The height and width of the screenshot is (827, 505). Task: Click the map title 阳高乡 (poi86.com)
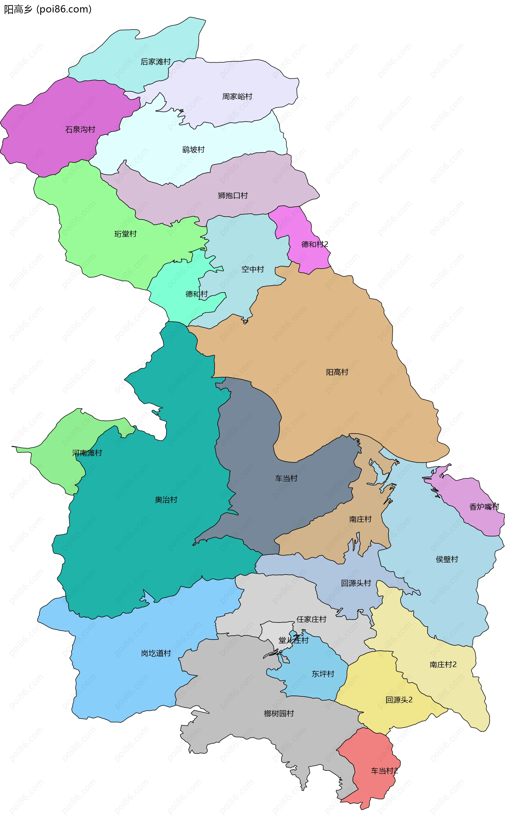click(48, 9)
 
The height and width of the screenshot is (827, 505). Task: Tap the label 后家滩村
click(155, 62)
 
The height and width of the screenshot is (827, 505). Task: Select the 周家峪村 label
click(237, 97)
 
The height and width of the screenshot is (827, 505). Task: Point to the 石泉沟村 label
click(80, 130)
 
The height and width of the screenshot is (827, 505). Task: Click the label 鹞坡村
click(193, 150)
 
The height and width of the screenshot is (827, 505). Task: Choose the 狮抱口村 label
click(233, 196)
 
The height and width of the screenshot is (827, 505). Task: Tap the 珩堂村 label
click(125, 234)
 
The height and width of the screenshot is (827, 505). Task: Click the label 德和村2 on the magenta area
click(315, 244)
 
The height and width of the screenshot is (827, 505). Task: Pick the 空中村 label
click(252, 269)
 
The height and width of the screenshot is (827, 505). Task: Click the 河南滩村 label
click(87, 453)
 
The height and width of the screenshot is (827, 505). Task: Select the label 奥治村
click(166, 500)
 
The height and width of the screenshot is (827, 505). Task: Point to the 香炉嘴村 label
click(484, 507)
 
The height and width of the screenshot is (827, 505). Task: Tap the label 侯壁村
click(447, 559)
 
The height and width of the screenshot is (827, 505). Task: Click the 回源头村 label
click(356, 583)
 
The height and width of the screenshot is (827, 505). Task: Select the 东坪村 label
click(323, 674)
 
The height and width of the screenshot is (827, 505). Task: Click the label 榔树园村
click(279, 714)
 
